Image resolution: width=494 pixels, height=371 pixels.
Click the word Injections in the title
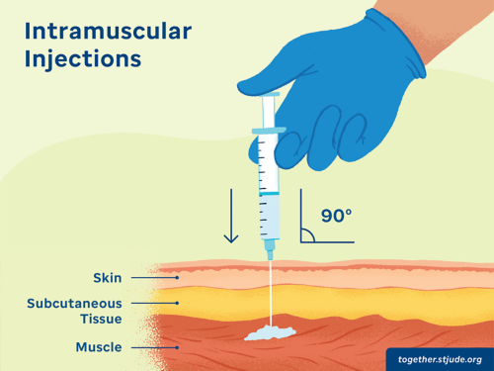click(84, 58)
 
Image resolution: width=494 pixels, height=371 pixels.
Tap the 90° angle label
click(337, 216)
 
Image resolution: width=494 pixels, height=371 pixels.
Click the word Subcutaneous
click(74, 302)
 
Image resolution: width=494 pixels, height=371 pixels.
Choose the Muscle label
click(98, 347)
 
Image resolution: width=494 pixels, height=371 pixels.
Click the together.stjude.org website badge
click(440, 358)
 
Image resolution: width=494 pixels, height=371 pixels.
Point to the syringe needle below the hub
click(269, 287)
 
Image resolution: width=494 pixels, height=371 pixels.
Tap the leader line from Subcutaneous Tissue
click(155, 303)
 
